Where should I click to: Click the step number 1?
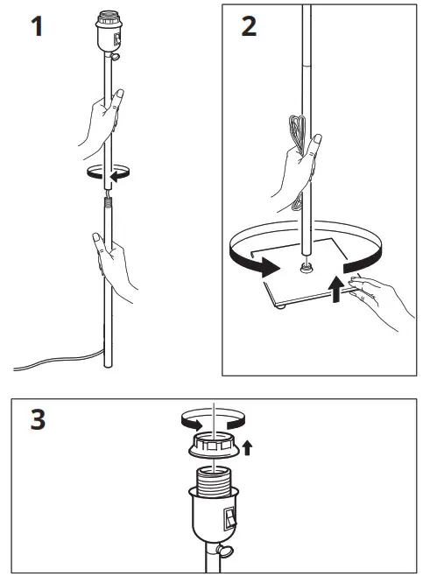[x=36, y=26]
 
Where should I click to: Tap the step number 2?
[x=249, y=26]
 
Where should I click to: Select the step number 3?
[x=37, y=420]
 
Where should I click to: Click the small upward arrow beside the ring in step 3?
[x=248, y=449]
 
